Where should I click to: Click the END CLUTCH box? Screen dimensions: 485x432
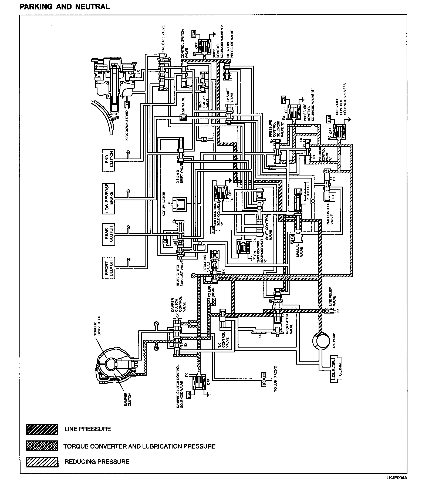(x=108, y=160)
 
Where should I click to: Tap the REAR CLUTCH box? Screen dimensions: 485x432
(x=108, y=234)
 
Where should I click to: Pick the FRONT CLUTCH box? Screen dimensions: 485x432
(x=108, y=268)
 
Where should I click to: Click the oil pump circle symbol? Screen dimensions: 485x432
(x=321, y=341)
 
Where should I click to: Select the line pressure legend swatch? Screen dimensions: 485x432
(x=42, y=429)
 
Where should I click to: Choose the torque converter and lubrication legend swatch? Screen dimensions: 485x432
(x=42, y=446)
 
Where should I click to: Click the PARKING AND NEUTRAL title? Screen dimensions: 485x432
(x=65, y=7)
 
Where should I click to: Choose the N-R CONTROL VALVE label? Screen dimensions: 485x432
(x=330, y=214)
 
